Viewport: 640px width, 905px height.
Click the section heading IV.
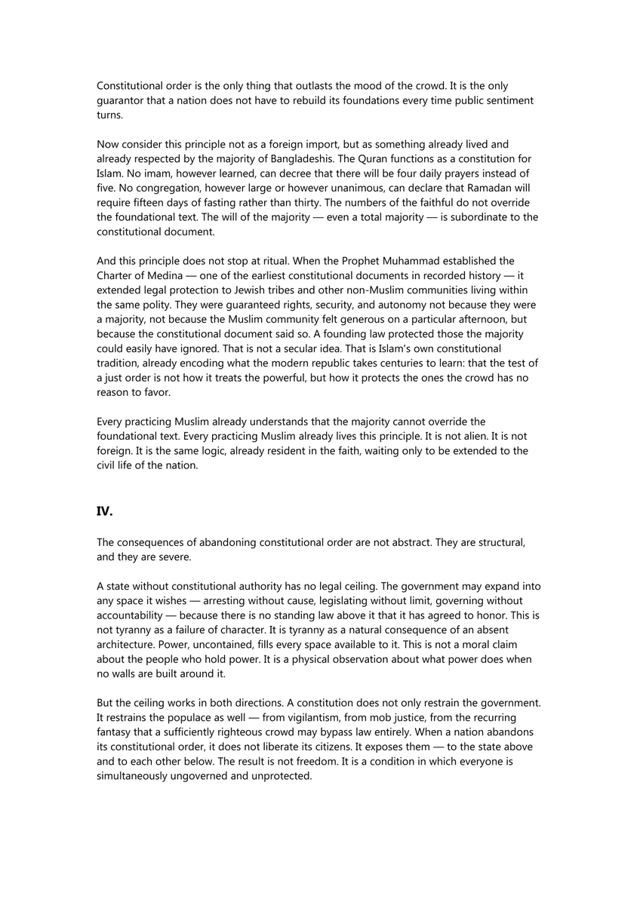pyautogui.click(x=104, y=511)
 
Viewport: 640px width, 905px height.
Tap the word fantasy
pyautogui.click(x=118, y=732)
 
